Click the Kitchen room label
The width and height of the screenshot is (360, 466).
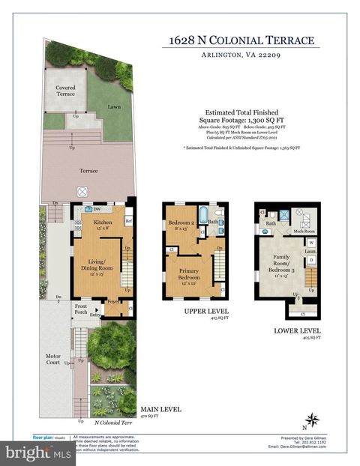[x=102, y=223]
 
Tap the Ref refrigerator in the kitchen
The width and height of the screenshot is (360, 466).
[x=128, y=222]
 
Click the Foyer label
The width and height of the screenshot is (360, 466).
[x=112, y=303]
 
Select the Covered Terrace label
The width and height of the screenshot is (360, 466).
[x=65, y=91]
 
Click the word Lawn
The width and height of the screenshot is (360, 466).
[x=114, y=107]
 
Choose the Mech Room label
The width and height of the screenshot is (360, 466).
[x=304, y=232]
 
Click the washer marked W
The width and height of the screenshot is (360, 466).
[x=310, y=243]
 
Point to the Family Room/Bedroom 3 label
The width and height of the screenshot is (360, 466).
[x=283, y=264]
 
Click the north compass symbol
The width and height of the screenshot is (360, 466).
[x=313, y=420]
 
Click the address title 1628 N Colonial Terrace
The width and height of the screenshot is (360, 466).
[x=241, y=40]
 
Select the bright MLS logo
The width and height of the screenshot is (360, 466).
[x=37, y=452]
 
